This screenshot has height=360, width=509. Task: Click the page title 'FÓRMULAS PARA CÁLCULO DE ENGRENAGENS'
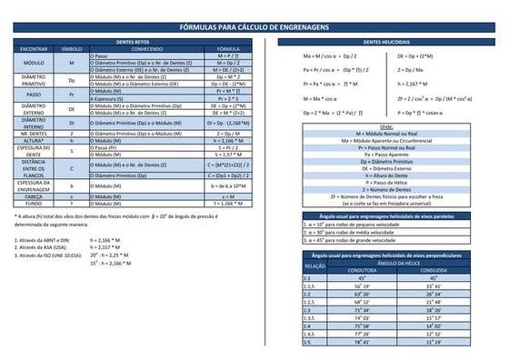[254, 30]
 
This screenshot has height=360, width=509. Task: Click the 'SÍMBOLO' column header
[71, 49]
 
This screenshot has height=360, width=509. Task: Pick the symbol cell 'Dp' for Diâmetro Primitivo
[71, 80]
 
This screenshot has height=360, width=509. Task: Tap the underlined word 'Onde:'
[386, 126]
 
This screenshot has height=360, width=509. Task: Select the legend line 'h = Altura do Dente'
[386, 175]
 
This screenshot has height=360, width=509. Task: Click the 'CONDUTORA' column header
[362, 270]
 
